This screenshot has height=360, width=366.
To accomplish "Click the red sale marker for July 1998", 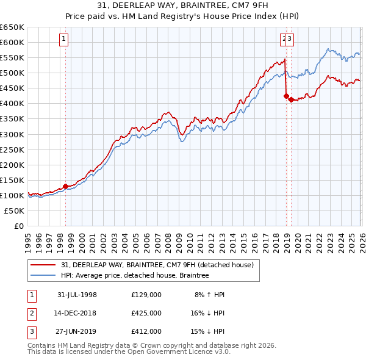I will [65, 186].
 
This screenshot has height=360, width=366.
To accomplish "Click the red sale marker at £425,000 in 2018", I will [285, 95].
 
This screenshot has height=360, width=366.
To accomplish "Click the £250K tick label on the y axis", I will [12, 149].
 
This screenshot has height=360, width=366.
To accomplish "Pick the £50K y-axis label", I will [15, 211].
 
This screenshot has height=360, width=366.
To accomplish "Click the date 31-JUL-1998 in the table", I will [77, 295].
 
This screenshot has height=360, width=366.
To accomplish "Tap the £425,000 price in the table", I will [146, 313].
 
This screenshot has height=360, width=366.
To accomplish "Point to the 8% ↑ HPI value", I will [209, 295].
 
